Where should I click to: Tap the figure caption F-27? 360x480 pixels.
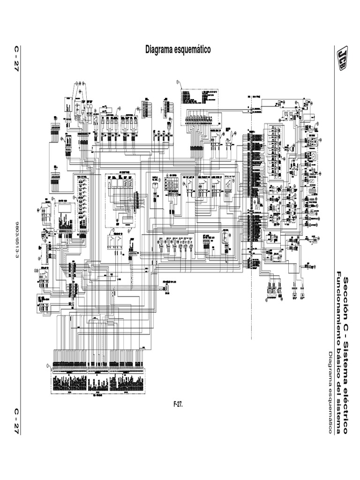[178, 404]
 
